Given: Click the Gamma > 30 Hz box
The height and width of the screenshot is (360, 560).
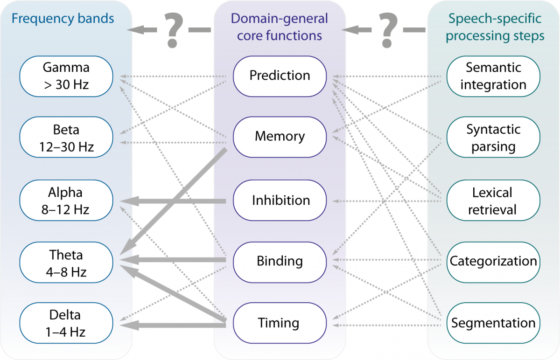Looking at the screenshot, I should coord(66,76).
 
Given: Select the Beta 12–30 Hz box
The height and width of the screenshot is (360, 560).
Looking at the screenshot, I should coord(66,138).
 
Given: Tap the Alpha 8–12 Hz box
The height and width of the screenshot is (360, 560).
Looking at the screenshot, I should coord(66,201).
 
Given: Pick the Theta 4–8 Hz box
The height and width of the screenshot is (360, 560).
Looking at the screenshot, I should coord(66,263).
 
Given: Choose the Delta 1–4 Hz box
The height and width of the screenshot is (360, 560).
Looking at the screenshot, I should coord(66,323).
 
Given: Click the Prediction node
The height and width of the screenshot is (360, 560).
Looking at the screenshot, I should coord(280,76).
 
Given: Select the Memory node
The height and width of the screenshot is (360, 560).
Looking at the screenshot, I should coord(280,137).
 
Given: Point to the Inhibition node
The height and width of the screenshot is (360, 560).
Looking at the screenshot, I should coord(280,201).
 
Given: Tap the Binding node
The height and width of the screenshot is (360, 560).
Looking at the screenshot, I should coord(280,261).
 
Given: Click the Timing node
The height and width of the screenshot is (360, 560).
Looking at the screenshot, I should coord(280,323).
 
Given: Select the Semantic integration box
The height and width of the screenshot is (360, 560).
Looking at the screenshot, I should coord(493,76).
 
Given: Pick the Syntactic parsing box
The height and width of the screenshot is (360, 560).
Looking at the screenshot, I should coord(493,138).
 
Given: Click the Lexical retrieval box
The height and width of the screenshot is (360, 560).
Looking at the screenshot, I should coord(493,201).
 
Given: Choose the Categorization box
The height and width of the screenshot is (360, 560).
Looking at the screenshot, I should coord(493,262).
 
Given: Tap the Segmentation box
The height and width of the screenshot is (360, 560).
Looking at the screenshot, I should coord(493,323).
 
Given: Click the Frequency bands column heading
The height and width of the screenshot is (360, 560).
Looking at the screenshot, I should coord(63,19).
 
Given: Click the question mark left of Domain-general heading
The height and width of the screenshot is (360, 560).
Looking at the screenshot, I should coord(173,30).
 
